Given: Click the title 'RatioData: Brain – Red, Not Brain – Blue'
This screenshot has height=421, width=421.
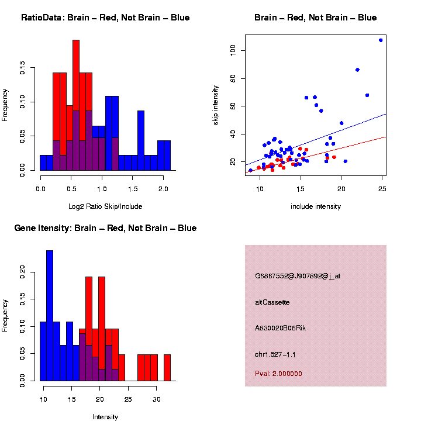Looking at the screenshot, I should point(105,18).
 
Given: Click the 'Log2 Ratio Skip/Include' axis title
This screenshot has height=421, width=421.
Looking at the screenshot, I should point(105,206).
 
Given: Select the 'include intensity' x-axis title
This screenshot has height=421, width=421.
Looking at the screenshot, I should point(316,206).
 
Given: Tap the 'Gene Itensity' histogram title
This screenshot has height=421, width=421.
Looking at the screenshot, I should point(105,228).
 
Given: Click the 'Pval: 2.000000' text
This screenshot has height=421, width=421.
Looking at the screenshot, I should point(278,374).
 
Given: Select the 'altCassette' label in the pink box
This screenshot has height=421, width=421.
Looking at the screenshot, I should point(272,302).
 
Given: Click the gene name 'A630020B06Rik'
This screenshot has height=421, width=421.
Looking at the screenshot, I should point(281,328).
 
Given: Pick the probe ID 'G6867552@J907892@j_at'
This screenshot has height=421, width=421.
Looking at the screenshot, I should point(298,276).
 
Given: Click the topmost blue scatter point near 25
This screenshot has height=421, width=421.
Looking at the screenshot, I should point(381,40).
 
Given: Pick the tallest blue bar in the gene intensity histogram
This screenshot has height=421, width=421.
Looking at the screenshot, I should point(50,316).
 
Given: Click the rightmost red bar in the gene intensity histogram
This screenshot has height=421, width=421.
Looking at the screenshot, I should point(167,367).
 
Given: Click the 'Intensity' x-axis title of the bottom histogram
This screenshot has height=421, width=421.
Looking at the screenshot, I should point(105,417).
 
